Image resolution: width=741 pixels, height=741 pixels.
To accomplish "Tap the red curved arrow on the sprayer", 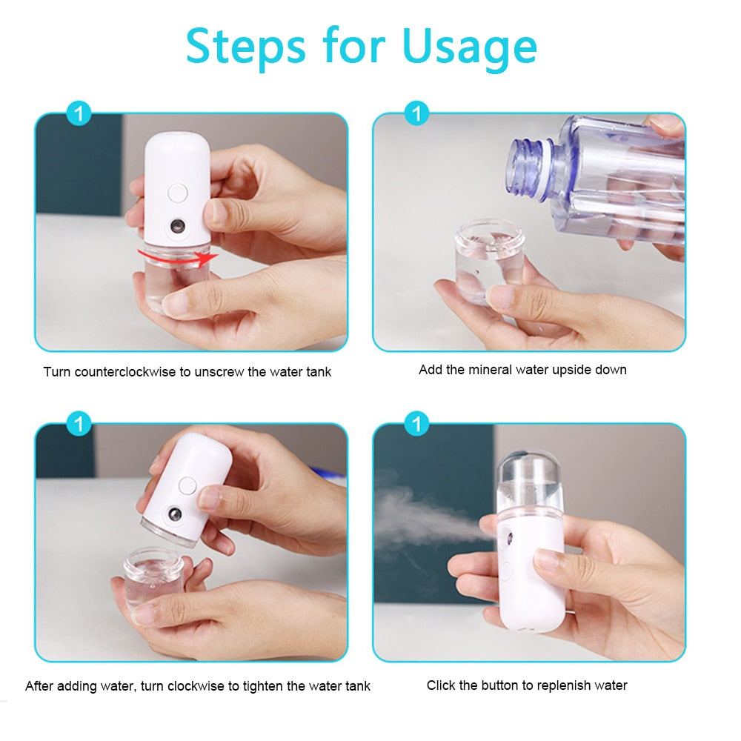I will click(x=179, y=257).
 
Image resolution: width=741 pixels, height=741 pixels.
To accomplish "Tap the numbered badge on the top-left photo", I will click(x=79, y=114).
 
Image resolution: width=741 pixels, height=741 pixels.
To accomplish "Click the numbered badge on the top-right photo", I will click(x=416, y=114).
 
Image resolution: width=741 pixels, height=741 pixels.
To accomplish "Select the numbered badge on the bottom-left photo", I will click(x=79, y=425).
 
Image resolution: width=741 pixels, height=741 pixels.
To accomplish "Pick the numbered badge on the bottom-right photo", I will click(x=416, y=425).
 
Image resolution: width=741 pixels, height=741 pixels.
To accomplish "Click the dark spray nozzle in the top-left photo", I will click(x=178, y=225).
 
